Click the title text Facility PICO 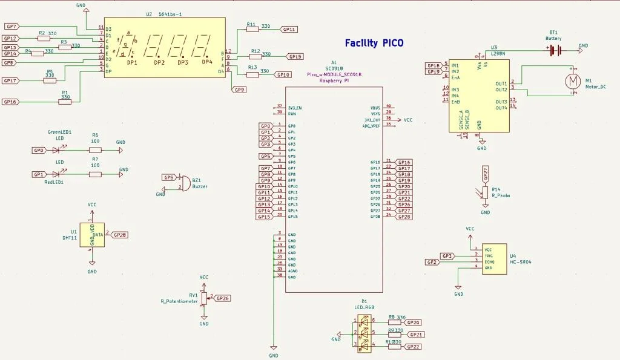pos(374,43)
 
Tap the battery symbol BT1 pos(553,51)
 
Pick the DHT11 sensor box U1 pos(92,235)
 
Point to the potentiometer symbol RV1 pos(204,298)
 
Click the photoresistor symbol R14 pos(485,192)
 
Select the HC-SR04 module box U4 pos(494,259)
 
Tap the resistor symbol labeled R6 pos(95,149)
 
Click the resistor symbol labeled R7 pos(95,174)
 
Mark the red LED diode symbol pos(56,174)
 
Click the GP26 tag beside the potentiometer pos(222,298)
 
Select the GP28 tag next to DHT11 pos(120,235)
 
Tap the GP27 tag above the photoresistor pos(485,174)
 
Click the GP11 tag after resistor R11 pos(289,29)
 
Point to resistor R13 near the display pos(252,74)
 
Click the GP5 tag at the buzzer pos(169,177)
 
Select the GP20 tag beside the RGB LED pos(414,322)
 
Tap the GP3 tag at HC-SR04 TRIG pos(447,256)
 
